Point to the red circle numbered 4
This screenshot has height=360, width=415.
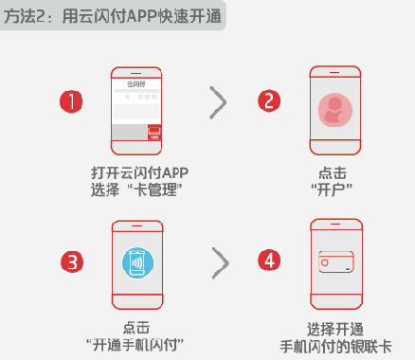[271, 260]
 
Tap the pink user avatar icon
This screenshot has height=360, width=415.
[336, 110]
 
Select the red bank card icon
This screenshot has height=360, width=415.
[336, 264]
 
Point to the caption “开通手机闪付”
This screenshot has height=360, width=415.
[135, 343]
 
